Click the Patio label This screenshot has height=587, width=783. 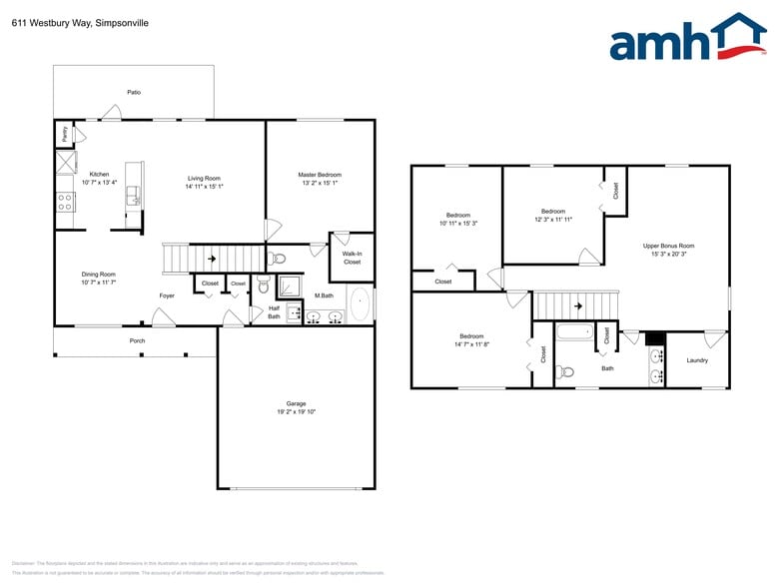pos(134,92)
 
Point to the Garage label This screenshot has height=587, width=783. pos(297,403)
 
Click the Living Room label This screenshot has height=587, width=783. pos(204,178)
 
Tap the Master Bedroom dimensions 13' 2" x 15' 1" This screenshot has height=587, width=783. pos(320,183)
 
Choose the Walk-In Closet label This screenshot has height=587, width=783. pos(352,258)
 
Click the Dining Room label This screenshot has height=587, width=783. pos(99,274)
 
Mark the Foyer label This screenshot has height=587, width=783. pos(167,295)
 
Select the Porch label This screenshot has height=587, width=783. pos(137,340)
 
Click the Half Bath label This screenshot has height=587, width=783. pos(274,312)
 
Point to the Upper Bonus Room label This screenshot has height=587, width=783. pos(668,246)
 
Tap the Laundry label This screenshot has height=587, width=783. pos(697,360)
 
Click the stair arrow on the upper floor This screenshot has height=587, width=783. pos(578,305)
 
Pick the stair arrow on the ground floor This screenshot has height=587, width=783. pos(211,259)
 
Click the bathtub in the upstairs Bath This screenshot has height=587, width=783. pos(573,332)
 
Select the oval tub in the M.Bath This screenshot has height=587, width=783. pos(360,302)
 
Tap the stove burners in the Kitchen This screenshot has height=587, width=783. pos(65,203)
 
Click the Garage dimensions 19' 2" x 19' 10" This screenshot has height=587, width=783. pos(297,412)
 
